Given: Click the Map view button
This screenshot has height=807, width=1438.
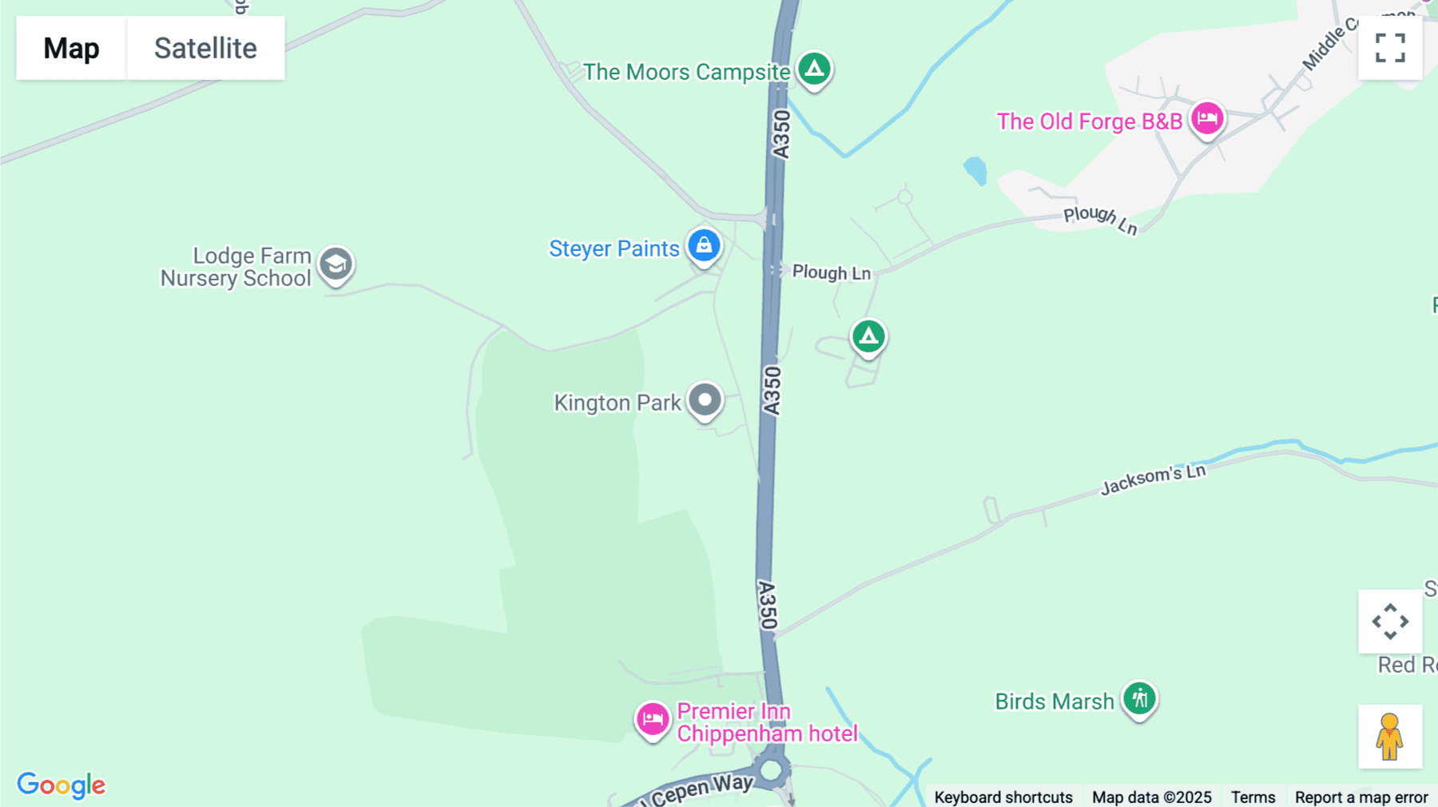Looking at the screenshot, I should [x=71, y=48].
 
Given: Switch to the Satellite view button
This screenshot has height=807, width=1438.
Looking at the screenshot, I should [x=205, y=48].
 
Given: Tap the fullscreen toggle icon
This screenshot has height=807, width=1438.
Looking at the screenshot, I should [x=1390, y=48].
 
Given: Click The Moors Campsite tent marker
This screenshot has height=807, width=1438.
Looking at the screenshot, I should [x=814, y=70].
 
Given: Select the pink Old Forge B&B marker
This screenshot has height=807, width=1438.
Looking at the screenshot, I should [x=1206, y=119].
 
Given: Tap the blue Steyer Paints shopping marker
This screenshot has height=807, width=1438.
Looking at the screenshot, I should [x=704, y=246].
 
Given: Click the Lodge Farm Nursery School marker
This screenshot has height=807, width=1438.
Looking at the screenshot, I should [x=336, y=264].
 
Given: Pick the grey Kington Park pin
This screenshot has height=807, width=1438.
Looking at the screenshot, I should [x=705, y=400].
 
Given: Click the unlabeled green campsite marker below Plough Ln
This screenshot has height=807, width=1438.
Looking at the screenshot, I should [x=868, y=337].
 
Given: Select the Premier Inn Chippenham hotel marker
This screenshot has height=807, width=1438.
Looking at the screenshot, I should [x=653, y=719].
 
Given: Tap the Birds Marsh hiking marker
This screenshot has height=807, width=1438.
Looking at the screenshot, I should [x=1139, y=699].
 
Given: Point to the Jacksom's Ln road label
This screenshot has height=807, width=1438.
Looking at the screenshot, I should [x=1153, y=479].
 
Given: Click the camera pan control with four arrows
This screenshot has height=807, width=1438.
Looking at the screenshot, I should [x=1390, y=622].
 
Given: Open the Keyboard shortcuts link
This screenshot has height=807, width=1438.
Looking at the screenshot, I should [x=1003, y=797].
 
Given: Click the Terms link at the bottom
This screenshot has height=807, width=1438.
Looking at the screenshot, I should [x=1253, y=797].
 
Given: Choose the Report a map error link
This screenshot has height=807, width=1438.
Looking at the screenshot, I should [x=1361, y=797].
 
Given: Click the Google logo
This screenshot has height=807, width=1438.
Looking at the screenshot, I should [x=62, y=785].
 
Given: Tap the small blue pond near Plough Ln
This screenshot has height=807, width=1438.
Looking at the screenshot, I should [x=975, y=170].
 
